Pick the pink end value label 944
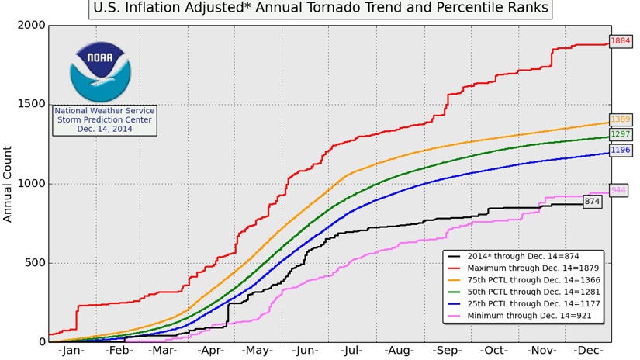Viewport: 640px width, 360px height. (619, 190)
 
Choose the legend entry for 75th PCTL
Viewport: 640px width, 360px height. (527, 279)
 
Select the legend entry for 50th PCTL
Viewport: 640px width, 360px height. (527, 292)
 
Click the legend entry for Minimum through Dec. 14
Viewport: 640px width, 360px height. (527, 317)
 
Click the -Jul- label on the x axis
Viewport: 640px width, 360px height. (353, 351)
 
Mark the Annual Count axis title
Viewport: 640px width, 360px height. (9, 184)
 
